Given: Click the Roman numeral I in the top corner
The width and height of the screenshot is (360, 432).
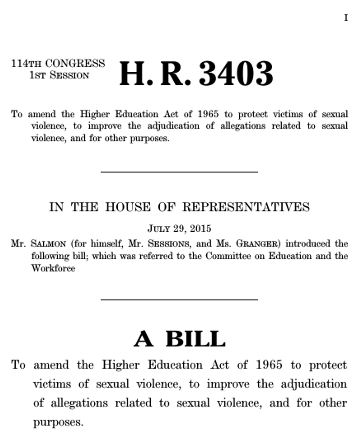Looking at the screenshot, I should tap(346, 18).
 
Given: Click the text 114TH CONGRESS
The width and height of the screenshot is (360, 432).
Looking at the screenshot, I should tap(58, 64).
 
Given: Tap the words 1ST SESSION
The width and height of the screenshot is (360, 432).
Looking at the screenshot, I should tap(59, 75).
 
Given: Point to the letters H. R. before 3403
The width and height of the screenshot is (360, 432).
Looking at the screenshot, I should tap(155, 74).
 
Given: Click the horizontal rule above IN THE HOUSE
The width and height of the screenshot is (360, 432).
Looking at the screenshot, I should tap(179, 172).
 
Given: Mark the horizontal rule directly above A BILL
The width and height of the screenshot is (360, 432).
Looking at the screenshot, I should tap(179, 300).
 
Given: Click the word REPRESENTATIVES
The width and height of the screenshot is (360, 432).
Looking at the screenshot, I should tap(246, 207).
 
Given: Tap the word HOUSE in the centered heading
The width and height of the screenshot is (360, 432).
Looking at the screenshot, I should tap(128, 207).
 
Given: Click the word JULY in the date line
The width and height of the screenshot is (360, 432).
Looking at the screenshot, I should tap(160, 228).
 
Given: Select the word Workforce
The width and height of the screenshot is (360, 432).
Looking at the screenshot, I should tap(53, 268).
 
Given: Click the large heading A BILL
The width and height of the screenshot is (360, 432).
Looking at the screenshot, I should tap(179, 339).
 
